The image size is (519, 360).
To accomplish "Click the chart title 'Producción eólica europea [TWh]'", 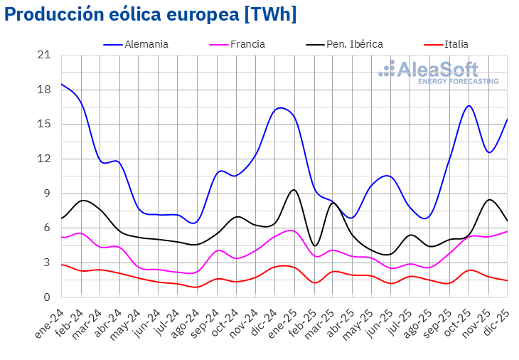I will point(150,14).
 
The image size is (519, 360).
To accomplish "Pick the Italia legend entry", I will point(455,44).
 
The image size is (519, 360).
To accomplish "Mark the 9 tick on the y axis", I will point(48,194).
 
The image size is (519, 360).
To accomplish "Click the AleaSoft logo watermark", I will point(438,72).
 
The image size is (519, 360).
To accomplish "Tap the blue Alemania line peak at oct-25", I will point(469,106).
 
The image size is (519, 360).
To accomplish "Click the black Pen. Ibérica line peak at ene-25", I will point(294,190).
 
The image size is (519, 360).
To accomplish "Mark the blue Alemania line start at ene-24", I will point(62,84).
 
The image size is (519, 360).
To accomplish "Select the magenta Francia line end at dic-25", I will point(507,231).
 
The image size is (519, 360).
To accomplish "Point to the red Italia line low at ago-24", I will point(197,287).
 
